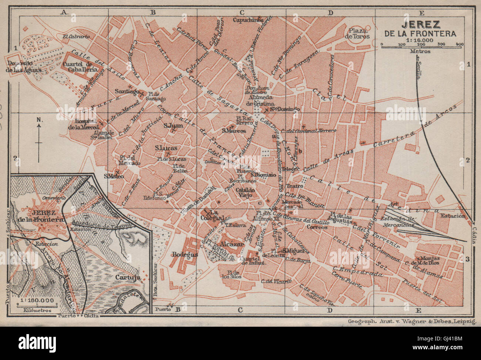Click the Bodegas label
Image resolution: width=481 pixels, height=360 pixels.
pos(185,255)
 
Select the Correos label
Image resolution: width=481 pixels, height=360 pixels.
pos(317,227)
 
